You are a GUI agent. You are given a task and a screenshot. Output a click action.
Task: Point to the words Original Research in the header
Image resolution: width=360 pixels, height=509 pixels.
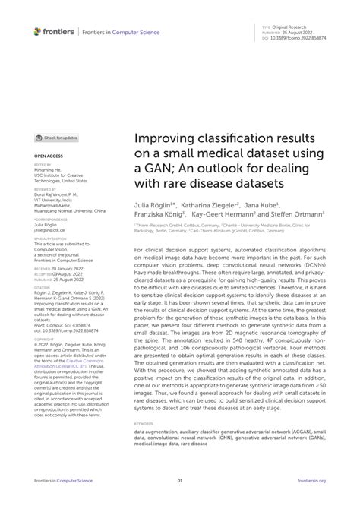coord(288,24)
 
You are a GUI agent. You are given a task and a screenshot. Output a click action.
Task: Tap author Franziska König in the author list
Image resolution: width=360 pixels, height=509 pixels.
coord(159,215)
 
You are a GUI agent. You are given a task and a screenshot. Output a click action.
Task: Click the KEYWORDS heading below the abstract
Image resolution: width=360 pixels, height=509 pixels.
coord(142,422)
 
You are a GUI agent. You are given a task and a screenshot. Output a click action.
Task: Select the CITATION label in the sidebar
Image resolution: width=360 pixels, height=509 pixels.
coord(43,286)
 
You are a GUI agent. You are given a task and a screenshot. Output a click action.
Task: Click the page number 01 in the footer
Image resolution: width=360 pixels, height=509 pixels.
coord(179,480)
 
